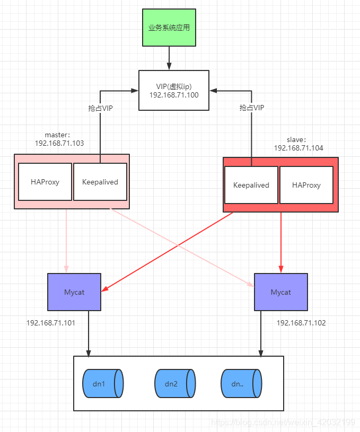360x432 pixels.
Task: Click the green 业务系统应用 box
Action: pos(169,27)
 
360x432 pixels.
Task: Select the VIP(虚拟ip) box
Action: pos(173,90)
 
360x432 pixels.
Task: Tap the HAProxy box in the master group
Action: pos(45,182)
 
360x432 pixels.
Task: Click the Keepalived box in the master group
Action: pos(100,182)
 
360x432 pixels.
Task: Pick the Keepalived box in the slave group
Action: pos(251,185)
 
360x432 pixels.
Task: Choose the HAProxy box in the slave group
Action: pos(306,185)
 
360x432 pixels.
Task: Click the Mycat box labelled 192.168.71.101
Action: pos(74,292)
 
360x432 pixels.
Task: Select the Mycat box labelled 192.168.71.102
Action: pos(280,292)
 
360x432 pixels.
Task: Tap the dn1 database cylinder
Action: pos(103,384)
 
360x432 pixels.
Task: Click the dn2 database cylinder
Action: pos(175,384)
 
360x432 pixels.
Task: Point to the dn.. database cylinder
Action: pos(241,384)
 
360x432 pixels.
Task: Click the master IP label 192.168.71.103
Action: pos(59,143)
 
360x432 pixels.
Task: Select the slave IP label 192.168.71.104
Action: pos(298,148)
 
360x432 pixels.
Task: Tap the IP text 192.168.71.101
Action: pos(51,322)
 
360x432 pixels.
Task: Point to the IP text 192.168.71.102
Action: pos(301,322)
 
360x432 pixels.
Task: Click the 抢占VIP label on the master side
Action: pos(100,108)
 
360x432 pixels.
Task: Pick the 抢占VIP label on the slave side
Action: pos(252,108)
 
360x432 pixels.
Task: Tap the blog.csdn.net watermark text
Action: pos(283,422)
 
